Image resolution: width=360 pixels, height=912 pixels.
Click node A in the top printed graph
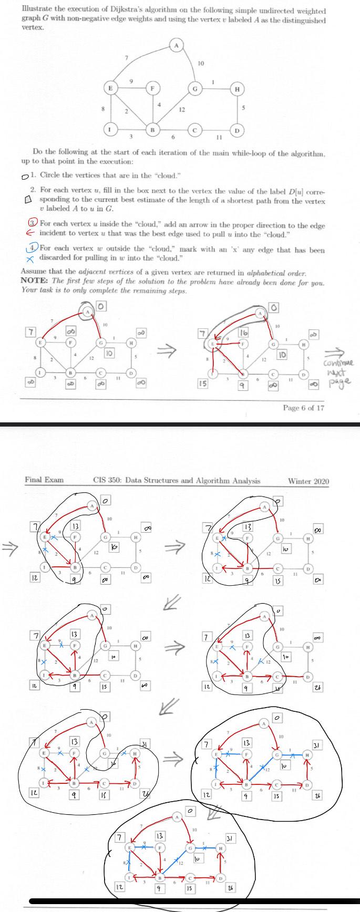pyautogui.click(x=177, y=46)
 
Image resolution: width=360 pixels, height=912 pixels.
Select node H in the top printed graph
pyautogui.click(x=238, y=89)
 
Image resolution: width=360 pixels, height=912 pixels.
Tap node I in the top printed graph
pyautogui.click(x=109, y=129)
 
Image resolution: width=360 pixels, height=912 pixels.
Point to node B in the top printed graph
pyautogui.click(x=152, y=129)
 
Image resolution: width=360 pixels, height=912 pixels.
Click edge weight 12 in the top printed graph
pyautogui.click(x=181, y=109)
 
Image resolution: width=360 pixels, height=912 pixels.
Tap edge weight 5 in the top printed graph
pyautogui.click(x=243, y=108)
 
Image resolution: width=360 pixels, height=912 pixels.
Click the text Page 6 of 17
pyautogui.click(x=303, y=408)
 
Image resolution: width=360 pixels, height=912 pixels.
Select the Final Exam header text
pyautogui.click(x=44, y=480)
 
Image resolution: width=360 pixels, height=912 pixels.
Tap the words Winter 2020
pyautogui.click(x=308, y=481)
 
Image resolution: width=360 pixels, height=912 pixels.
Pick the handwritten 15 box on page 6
pyautogui.click(x=202, y=384)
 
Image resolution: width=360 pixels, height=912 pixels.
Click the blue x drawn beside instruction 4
pyautogui.click(x=31, y=257)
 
